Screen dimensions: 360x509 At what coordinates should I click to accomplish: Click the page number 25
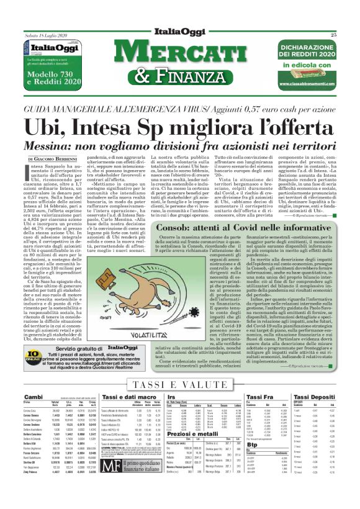point(350,35)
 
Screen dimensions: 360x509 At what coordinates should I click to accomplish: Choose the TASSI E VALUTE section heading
point(179,367)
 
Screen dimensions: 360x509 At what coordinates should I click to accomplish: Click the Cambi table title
point(33,379)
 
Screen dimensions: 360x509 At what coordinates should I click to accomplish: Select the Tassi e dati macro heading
point(127,379)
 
